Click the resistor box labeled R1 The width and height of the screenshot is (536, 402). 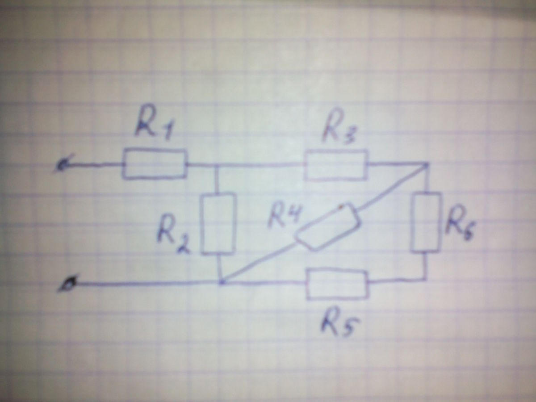point(155,164)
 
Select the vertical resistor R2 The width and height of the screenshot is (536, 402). point(218,223)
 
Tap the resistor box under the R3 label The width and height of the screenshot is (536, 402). point(337,165)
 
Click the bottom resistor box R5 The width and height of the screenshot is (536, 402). point(337,283)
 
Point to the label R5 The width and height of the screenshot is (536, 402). point(339,325)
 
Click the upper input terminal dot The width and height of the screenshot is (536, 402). point(62,166)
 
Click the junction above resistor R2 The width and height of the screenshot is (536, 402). point(216,165)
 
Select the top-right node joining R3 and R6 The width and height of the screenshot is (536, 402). point(426,164)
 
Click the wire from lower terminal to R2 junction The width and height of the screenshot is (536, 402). point(143,283)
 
